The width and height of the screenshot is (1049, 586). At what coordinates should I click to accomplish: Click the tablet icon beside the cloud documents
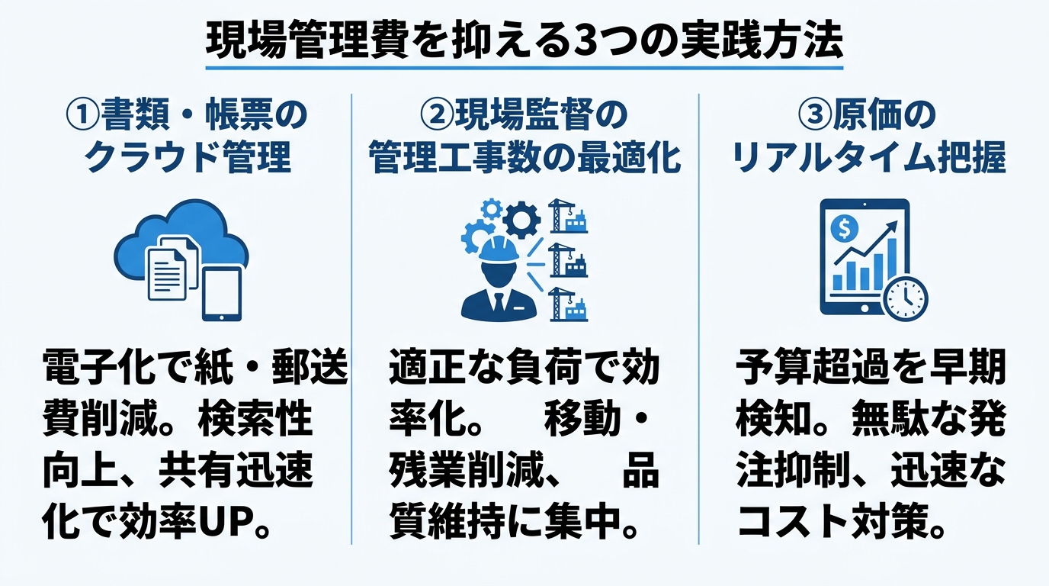(x=222, y=294)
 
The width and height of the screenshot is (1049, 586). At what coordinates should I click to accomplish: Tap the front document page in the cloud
(x=166, y=274)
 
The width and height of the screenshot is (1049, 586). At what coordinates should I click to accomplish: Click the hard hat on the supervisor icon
(x=499, y=249)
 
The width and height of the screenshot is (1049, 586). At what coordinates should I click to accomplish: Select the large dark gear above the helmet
(x=521, y=220)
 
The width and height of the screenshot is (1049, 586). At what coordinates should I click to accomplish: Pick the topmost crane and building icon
(x=568, y=216)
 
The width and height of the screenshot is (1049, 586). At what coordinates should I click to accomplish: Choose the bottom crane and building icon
(x=568, y=304)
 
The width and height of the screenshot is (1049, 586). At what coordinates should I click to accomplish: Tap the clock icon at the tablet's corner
(x=905, y=298)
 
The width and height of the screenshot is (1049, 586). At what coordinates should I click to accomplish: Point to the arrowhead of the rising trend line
(x=892, y=227)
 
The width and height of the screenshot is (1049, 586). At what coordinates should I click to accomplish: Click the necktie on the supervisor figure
(x=499, y=303)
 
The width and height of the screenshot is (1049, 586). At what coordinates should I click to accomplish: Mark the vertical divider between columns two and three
(x=699, y=319)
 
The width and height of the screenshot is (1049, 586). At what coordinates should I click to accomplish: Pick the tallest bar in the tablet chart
(x=892, y=264)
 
